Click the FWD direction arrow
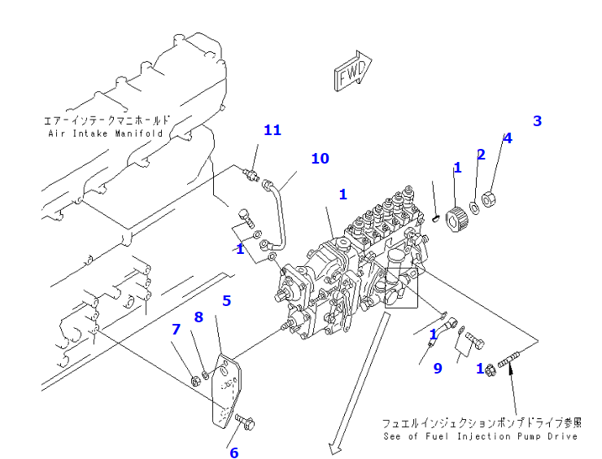point(352,72)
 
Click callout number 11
point(272,130)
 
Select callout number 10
point(320,158)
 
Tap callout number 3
point(537,121)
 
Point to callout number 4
point(507,138)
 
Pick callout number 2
point(481,154)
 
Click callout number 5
point(227,300)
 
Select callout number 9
point(437,368)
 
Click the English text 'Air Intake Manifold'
point(106,133)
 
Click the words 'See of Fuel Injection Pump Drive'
point(481,437)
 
